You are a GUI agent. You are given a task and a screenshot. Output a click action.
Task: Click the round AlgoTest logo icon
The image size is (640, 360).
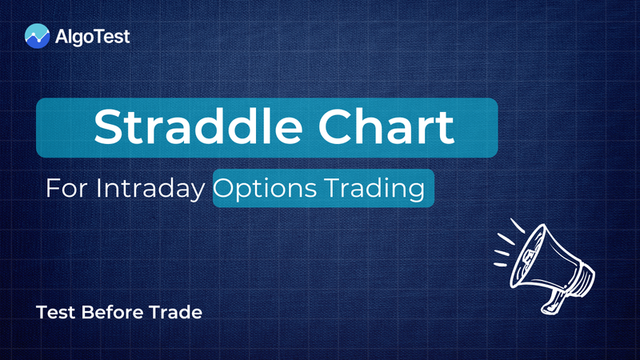point(36,35)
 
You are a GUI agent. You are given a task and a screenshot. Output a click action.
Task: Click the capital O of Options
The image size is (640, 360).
point(226,189)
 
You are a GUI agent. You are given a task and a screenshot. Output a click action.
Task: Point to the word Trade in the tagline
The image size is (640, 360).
point(178,312)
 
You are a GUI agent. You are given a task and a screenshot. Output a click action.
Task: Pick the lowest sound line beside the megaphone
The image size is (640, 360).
point(500,265)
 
